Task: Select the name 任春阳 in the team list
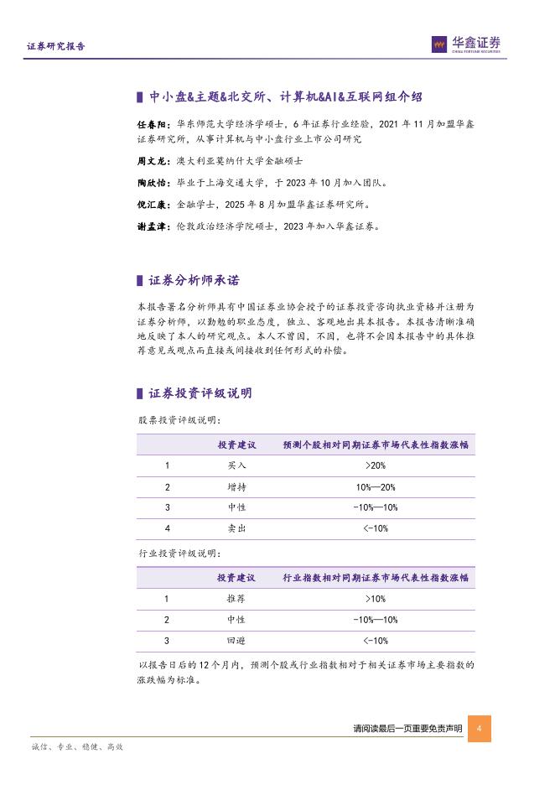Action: click(x=152, y=124)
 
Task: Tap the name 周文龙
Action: click(x=152, y=160)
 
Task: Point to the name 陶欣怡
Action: click(x=152, y=182)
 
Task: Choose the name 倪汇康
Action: click(x=152, y=204)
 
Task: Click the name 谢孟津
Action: click(x=152, y=226)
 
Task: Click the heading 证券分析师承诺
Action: click(x=194, y=280)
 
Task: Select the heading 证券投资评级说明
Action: click(x=200, y=393)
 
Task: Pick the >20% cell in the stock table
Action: click(x=375, y=465)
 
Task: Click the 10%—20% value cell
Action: click(x=375, y=487)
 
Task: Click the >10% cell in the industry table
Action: click(x=375, y=599)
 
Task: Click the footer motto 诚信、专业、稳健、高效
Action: click(x=77, y=746)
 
